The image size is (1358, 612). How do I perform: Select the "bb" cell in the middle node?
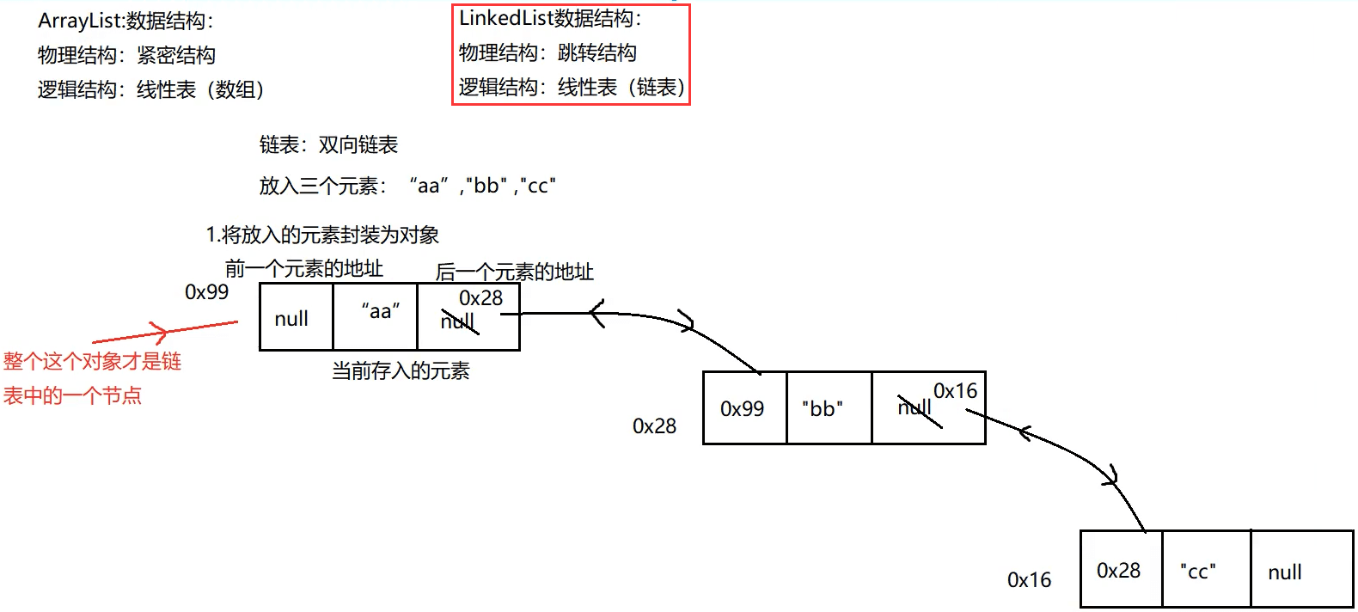823,408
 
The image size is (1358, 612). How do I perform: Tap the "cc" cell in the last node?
1198,571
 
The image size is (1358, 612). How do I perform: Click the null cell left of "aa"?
291,319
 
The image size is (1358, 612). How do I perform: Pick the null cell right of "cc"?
1285,572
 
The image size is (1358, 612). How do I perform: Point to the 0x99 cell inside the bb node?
743,408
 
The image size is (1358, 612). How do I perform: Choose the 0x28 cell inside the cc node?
1119,571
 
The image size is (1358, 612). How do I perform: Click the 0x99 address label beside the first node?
207,292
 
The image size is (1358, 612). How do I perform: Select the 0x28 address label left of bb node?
654,425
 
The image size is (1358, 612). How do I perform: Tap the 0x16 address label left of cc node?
1029,580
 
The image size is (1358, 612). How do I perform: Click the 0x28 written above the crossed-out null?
480,298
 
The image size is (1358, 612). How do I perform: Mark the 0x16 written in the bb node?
956,391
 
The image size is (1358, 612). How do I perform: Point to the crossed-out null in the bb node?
915,407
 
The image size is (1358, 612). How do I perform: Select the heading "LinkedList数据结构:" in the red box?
550,18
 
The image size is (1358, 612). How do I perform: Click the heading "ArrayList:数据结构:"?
125,21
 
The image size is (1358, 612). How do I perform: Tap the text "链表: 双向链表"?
328,144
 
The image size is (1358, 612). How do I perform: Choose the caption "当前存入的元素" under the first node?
401,370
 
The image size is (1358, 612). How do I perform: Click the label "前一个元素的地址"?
304,269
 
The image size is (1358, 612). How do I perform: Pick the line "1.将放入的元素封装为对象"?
322,234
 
